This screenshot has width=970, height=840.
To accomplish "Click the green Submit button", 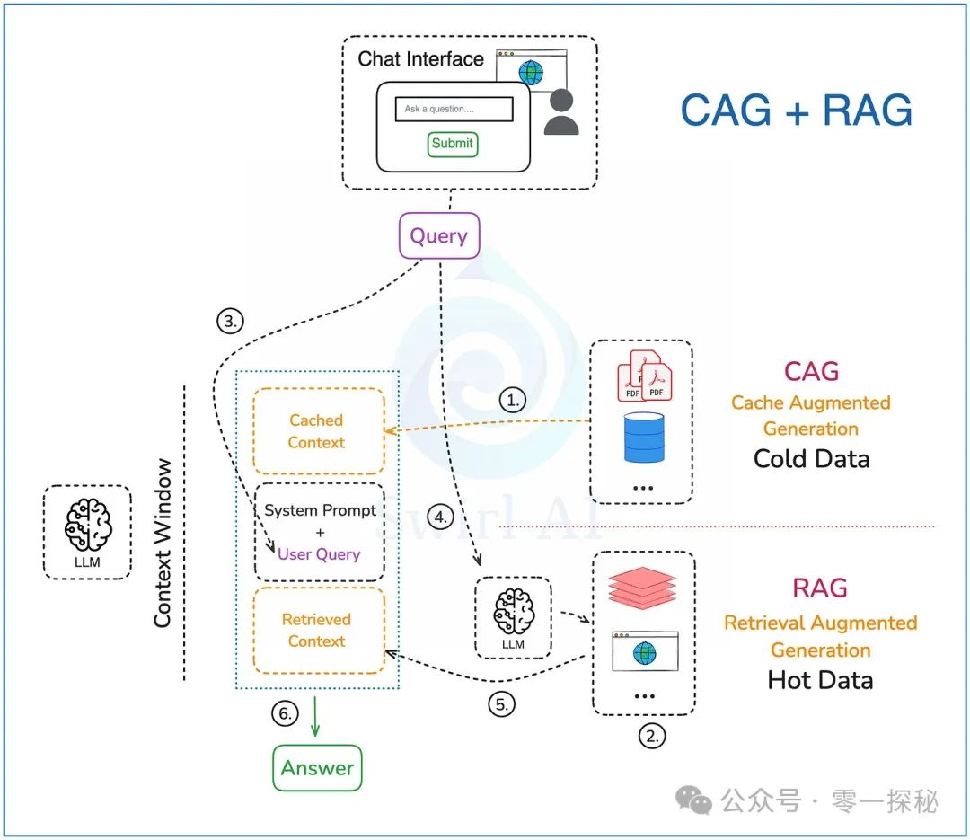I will coord(452,143).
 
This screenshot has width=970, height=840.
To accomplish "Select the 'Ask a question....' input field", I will coord(454,109).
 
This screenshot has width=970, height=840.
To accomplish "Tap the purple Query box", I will coord(438,236).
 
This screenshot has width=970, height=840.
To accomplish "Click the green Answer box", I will coord(317,768).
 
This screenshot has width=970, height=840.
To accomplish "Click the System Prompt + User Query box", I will coord(319,532).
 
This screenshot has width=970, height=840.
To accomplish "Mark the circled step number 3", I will coord(230,321).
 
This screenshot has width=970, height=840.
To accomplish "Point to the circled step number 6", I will coord(285,713).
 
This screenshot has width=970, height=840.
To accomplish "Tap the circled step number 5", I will coord(503,704).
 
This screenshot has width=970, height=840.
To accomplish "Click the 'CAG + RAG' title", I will coord(796,111).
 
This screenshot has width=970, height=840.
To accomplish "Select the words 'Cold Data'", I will coord(811,458).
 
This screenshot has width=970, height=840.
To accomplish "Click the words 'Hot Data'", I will coord(820,679).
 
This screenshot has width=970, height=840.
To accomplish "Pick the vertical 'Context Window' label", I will coord(163,543).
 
